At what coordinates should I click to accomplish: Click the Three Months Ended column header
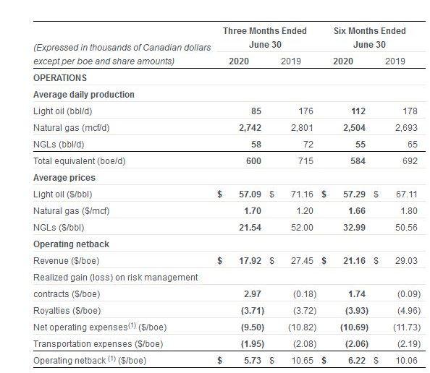tap(265, 31)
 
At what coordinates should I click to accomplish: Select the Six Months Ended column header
tap(369, 31)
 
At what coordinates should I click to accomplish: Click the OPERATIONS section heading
tap(60, 78)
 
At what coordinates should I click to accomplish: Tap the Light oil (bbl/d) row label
tap(63, 111)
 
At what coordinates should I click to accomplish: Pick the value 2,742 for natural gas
tap(250, 128)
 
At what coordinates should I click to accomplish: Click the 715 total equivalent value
tap(305, 161)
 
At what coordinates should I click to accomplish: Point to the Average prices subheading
tap(64, 178)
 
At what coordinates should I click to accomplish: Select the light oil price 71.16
tap(302, 194)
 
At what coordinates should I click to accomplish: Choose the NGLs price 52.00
tap(302, 228)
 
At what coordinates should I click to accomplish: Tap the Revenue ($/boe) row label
tap(67, 261)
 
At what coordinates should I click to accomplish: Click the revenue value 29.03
tap(406, 261)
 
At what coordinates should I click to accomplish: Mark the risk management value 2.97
tap(253, 294)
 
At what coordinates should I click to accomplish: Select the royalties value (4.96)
tap(409, 311)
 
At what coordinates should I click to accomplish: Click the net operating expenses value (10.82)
tap(302, 327)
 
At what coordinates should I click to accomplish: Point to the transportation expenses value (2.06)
tap(357, 344)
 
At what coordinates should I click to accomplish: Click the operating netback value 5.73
tap(253, 361)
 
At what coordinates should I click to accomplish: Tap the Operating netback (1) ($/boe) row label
tap(90, 361)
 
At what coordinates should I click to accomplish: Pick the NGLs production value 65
tap(413, 145)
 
